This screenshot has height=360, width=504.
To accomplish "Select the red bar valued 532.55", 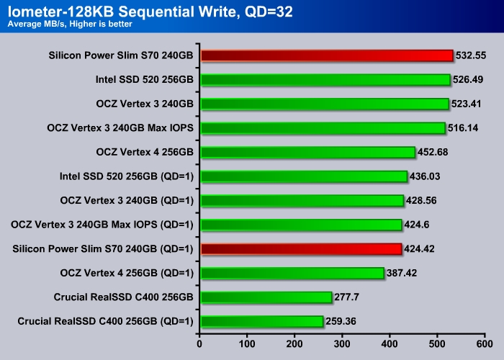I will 327,55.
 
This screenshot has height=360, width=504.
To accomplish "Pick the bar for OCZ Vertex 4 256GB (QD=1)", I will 292,274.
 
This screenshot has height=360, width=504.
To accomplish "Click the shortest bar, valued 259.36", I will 262,322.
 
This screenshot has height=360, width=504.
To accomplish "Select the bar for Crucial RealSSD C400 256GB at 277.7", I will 266,297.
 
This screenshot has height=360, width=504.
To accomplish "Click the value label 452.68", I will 433,152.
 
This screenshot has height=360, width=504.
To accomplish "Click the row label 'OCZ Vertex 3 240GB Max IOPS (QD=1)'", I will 102,225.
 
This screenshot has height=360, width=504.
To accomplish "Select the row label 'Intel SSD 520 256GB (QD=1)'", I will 127,176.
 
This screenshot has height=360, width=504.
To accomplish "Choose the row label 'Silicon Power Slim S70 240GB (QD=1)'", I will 103,249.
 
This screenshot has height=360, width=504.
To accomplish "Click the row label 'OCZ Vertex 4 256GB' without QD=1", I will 144,152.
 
